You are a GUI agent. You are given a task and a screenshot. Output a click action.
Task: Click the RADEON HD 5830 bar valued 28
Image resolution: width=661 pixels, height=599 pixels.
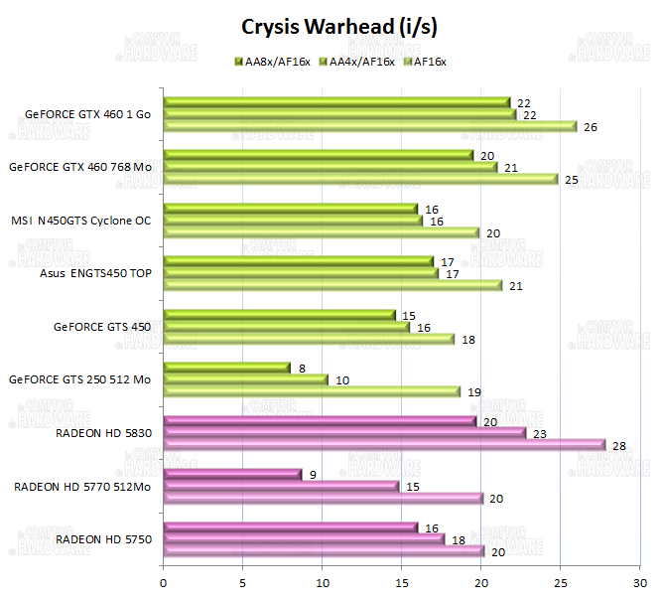tap(383, 445)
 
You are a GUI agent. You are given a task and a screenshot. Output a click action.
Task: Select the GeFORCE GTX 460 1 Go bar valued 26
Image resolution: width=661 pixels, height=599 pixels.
tap(369, 126)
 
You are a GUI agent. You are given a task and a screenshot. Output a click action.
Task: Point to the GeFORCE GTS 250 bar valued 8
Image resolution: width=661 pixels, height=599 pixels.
tap(226, 368)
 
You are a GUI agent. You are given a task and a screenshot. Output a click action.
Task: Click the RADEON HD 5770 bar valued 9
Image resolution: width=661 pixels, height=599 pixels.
tap(231, 474)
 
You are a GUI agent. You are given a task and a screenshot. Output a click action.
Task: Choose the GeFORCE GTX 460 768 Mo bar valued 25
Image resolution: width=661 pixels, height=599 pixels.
tap(361, 179)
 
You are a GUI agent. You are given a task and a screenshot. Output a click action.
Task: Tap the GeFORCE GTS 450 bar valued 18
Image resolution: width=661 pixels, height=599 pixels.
tap(308, 339)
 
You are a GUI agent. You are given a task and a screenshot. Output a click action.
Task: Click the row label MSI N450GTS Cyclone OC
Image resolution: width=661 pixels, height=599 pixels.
tap(81, 221)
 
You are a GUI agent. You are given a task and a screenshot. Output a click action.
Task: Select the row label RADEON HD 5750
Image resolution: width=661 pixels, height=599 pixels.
tap(103, 539)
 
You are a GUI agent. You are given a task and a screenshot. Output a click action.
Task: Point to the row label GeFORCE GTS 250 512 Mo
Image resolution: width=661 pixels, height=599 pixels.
tap(79, 379)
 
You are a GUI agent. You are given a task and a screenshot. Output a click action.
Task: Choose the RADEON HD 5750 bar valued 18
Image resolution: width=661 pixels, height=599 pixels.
tap(303, 538)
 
